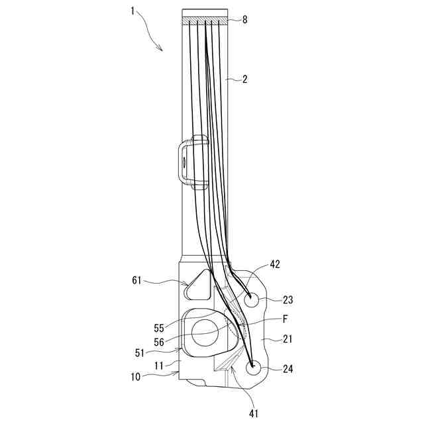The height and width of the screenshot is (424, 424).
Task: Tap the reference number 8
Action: pyautogui.click(x=244, y=20)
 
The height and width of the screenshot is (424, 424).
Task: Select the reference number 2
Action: pyautogui.click(x=244, y=79)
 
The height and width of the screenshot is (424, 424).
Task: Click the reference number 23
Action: pyautogui.click(x=288, y=299)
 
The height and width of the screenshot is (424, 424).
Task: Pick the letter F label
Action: pyautogui.click(x=286, y=319)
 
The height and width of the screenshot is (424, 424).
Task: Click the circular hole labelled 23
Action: pyautogui.click(x=252, y=299)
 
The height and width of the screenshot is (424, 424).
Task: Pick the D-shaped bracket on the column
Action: pyautogui.click(x=189, y=161)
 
